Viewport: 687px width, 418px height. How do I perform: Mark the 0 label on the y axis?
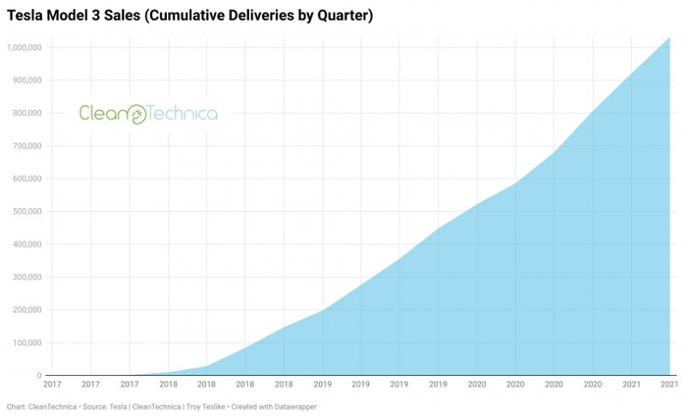coord(38,376)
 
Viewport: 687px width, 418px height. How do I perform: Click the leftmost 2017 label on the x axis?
coord(52,385)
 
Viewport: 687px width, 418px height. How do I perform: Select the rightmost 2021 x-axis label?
coord(667,385)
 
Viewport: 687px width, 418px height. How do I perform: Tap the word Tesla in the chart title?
coord(26,16)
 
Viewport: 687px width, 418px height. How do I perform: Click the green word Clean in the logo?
coord(102,114)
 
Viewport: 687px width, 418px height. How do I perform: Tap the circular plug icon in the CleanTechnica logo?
coord(136,115)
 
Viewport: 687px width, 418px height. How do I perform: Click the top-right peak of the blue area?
coord(668,38)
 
